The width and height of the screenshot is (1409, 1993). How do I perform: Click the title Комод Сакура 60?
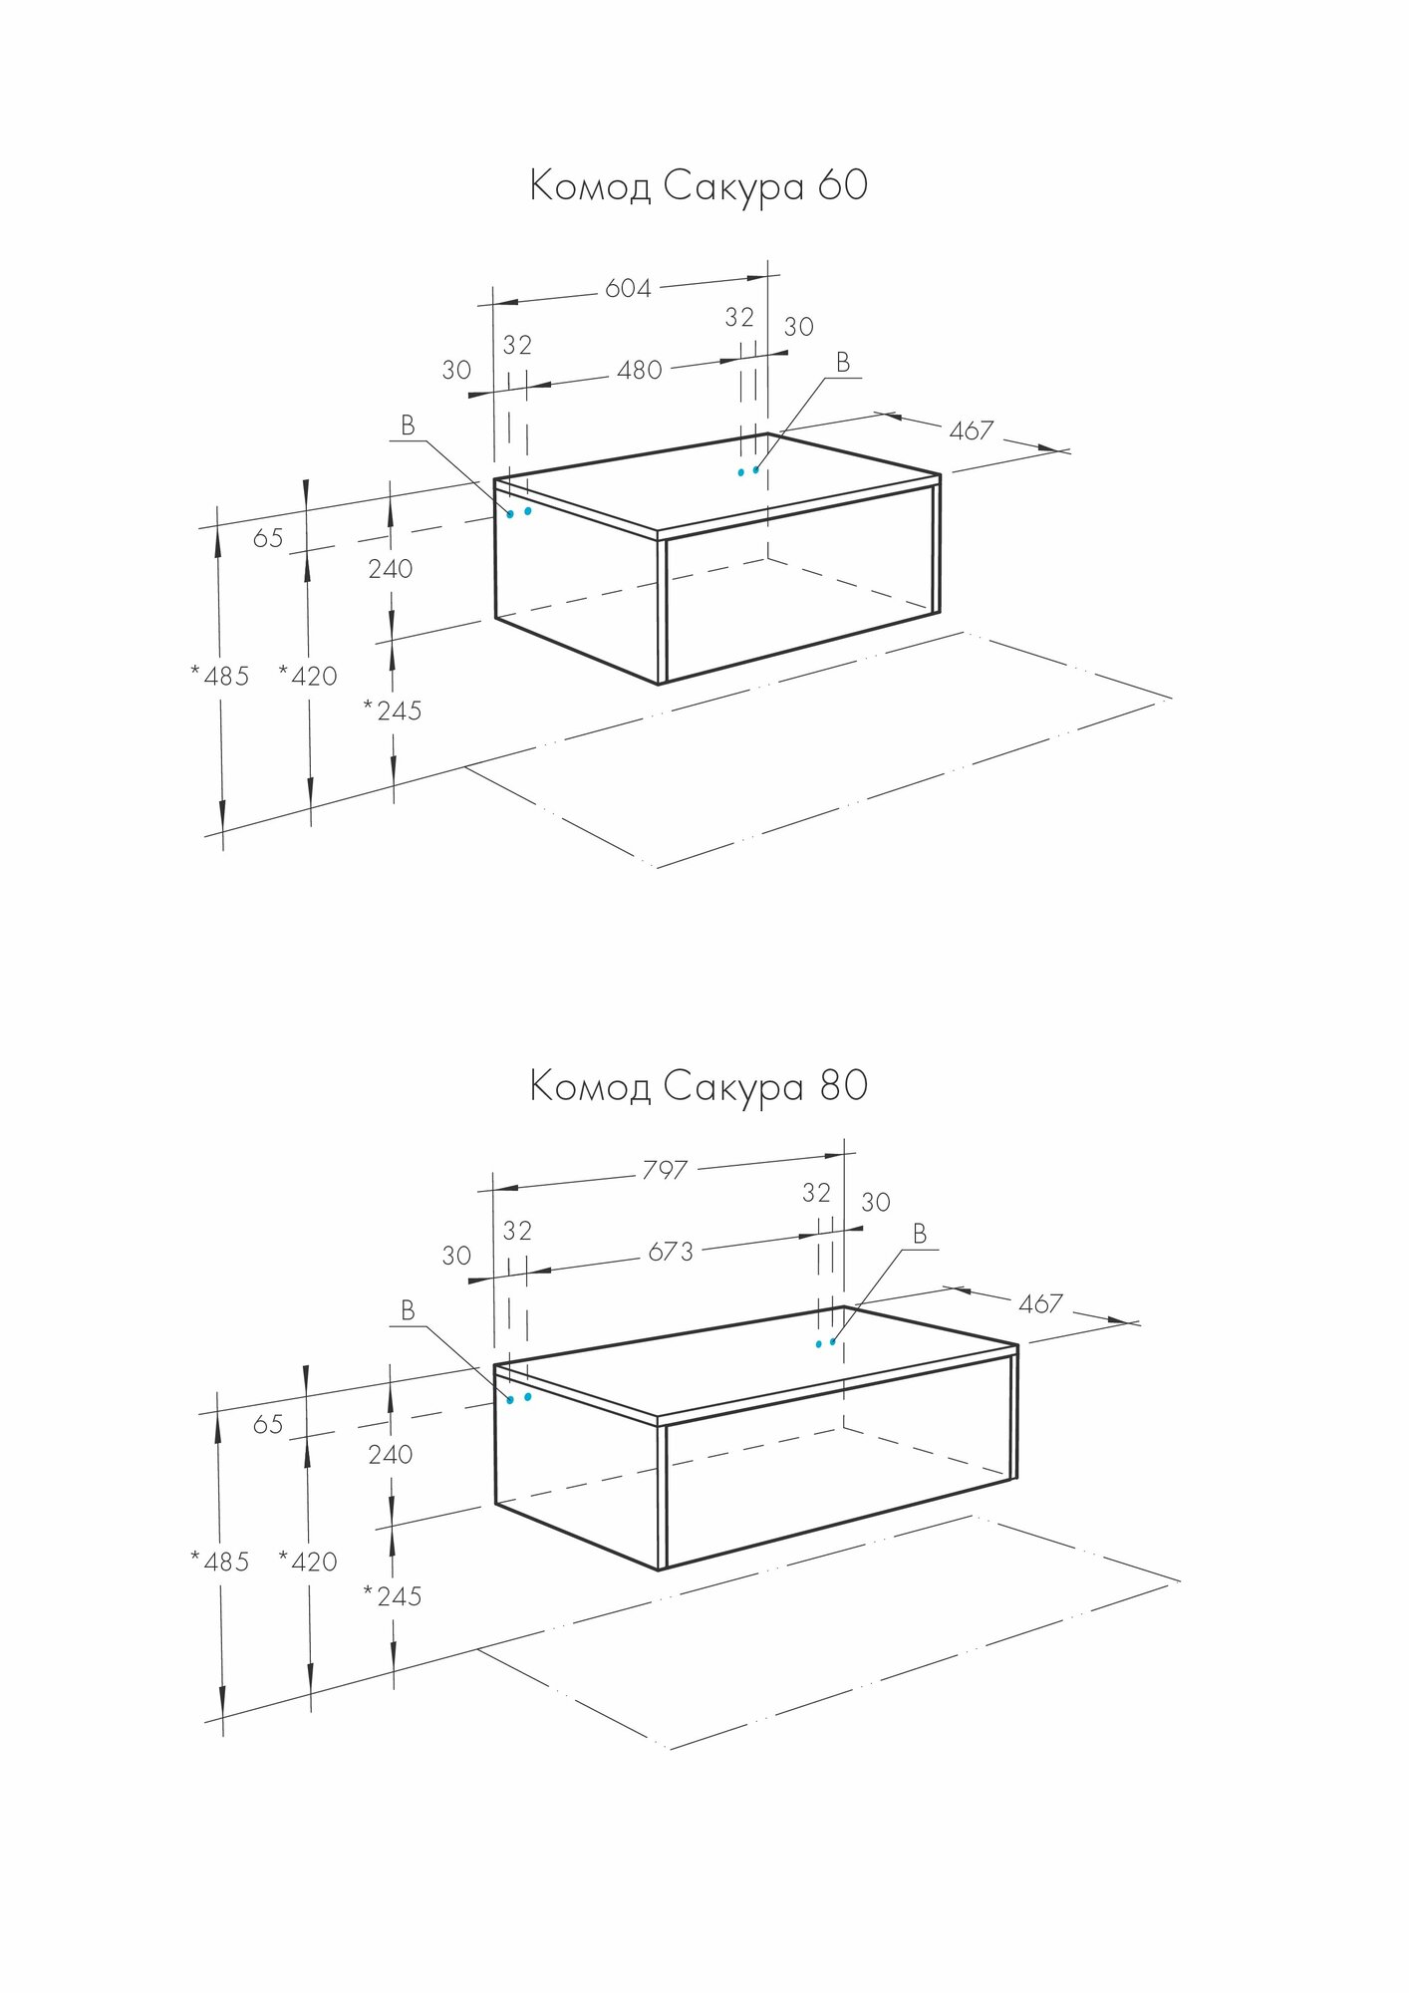point(698,186)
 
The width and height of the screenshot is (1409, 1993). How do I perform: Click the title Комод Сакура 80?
point(698,1086)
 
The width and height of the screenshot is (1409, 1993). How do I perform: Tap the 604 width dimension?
point(628,289)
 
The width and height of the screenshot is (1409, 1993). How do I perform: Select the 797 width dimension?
point(665,1169)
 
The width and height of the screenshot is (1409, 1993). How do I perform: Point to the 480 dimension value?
point(640,371)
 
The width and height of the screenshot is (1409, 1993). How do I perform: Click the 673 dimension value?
point(671,1252)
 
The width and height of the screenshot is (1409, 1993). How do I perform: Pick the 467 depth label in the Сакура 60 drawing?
point(971,430)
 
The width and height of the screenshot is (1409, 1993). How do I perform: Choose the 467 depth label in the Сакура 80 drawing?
point(1040,1303)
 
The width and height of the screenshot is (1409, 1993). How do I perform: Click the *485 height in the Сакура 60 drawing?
point(220,677)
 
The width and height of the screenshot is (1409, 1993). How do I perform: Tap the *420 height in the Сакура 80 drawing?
point(308,1563)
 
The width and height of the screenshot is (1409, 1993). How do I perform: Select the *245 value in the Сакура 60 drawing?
point(393,712)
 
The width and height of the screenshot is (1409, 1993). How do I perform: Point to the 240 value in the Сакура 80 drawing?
point(391,1455)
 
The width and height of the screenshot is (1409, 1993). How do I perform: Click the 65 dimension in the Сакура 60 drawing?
point(268,539)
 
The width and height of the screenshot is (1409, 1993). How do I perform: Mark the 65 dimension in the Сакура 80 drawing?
point(268,1425)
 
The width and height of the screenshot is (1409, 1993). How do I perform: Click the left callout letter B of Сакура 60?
point(408,427)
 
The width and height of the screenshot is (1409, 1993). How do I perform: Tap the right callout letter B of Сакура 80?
point(920,1235)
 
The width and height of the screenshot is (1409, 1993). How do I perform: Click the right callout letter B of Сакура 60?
point(843,363)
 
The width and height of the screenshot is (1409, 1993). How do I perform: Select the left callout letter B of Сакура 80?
point(408,1311)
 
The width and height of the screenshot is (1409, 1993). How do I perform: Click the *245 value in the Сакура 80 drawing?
point(393,1597)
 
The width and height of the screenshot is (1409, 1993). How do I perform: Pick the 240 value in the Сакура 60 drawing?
point(391,569)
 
